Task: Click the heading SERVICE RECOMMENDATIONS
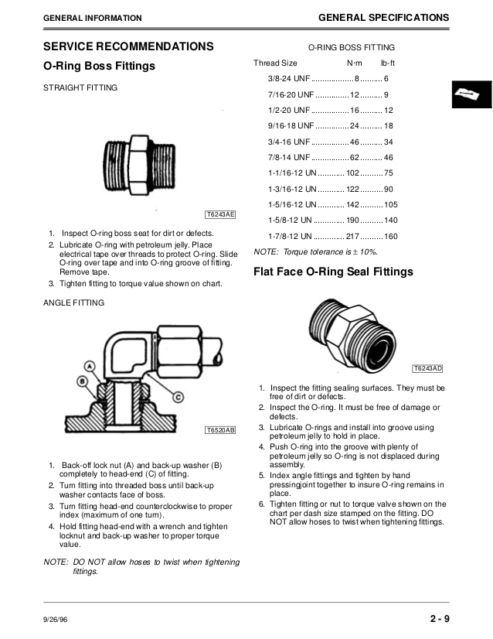pyautogui.click(x=127, y=46)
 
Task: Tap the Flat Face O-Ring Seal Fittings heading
pyautogui.click(x=333, y=272)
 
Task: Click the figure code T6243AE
pyautogui.click(x=220, y=214)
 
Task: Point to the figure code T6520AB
pyautogui.click(x=220, y=429)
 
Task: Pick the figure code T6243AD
pyautogui.click(x=427, y=368)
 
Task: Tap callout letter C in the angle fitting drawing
pyautogui.click(x=177, y=398)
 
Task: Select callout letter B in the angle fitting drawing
pyautogui.click(x=82, y=380)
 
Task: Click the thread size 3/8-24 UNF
pyautogui.click(x=290, y=79)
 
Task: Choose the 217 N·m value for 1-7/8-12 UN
pyautogui.click(x=353, y=236)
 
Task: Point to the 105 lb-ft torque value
pyautogui.click(x=390, y=205)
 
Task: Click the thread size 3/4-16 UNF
pyautogui.click(x=290, y=142)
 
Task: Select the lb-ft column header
pyautogui.click(x=388, y=63)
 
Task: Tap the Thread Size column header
pyautogui.click(x=276, y=63)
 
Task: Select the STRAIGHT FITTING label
pyautogui.click(x=80, y=88)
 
